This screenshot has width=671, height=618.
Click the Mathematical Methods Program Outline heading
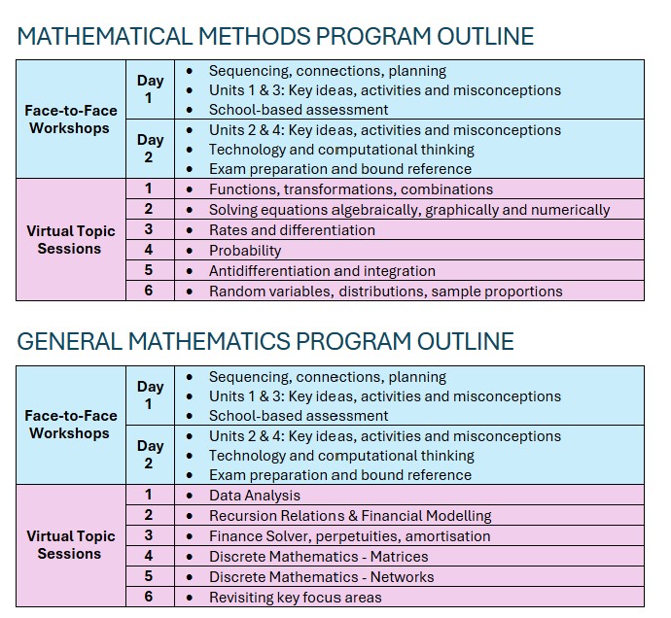click(275, 37)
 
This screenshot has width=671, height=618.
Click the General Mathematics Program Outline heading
click(265, 342)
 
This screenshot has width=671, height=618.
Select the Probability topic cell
click(245, 251)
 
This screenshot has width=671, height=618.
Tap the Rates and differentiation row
click(292, 230)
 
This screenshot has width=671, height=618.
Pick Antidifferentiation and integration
click(322, 271)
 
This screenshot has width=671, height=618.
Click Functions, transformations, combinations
click(351, 189)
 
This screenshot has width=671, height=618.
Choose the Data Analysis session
click(255, 496)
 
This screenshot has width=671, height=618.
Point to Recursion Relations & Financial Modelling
click(350, 516)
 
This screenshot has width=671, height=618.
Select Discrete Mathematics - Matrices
click(319, 557)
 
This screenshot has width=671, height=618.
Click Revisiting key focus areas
click(296, 598)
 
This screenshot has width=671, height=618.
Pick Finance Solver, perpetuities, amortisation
click(349, 536)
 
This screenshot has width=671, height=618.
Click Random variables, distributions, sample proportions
click(386, 292)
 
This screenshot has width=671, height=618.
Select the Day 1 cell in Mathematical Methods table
click(150, 89)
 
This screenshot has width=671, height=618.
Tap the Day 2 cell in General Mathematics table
click(150, 455)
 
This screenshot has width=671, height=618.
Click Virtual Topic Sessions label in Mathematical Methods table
click(70, 240)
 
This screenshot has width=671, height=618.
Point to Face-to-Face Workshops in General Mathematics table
click(70, 425)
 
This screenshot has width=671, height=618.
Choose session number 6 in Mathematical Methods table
click(149, 291)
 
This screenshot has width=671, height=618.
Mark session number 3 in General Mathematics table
click(149, 535)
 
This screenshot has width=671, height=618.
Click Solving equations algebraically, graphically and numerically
click(409, 210)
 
